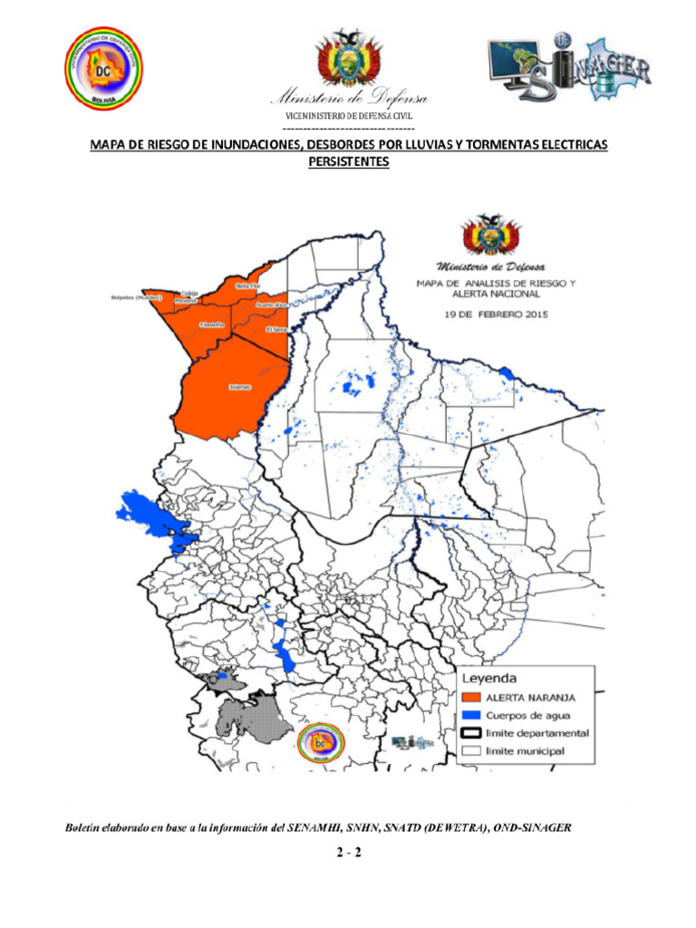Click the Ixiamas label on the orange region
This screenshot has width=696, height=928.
239,387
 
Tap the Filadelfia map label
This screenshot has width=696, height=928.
210,324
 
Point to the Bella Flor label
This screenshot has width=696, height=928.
247,286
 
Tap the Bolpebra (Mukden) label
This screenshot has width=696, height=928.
135,296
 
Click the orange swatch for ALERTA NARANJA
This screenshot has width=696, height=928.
470,697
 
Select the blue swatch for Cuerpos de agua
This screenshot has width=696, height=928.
470,715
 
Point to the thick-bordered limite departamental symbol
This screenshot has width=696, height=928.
470,733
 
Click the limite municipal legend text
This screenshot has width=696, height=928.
526,751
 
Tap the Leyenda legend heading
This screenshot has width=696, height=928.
490,678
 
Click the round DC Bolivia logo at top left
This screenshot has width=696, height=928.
103,69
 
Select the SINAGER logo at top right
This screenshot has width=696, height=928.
569,69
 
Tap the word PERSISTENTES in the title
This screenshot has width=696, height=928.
349,162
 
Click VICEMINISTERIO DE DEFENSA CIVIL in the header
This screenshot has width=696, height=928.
349,116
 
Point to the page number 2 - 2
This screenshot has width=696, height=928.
349,853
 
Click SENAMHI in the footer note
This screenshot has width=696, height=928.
313,827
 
